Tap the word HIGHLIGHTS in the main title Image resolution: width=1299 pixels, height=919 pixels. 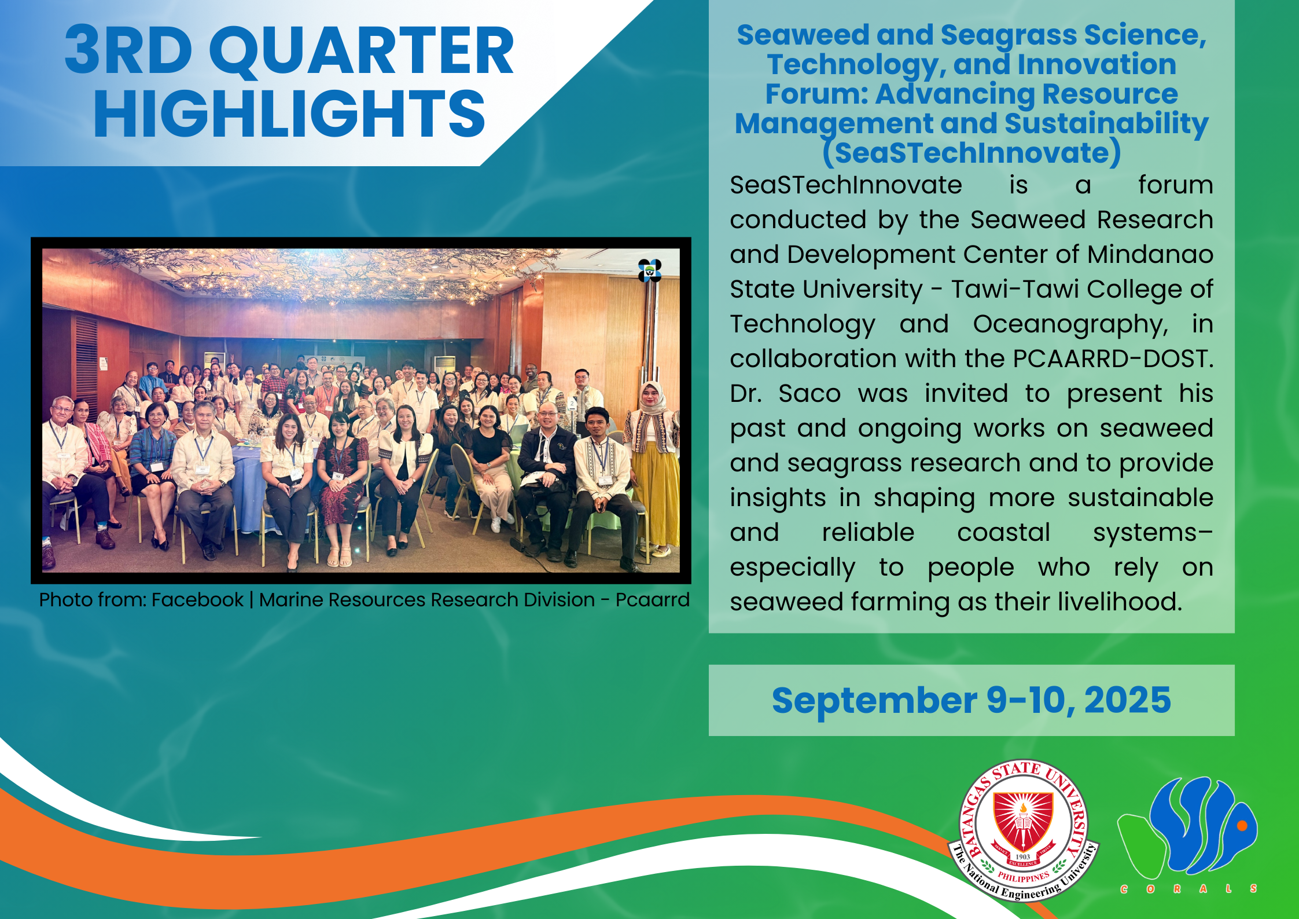289,114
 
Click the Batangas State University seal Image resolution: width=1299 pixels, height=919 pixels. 1023,830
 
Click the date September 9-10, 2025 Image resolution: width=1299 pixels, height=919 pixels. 972,700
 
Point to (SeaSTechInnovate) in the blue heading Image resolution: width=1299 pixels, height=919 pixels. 972,153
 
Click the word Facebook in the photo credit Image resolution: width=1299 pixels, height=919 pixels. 197,600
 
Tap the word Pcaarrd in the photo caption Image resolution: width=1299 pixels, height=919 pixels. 652,600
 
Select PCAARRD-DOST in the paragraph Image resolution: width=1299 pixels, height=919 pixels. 1113,359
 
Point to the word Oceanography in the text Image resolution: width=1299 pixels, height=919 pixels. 1070,325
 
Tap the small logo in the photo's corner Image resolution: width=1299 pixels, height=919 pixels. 650,270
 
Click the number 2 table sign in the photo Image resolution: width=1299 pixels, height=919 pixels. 572,403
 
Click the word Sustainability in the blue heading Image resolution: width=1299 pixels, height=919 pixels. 1106,124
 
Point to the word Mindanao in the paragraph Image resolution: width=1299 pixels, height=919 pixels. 1150,255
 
